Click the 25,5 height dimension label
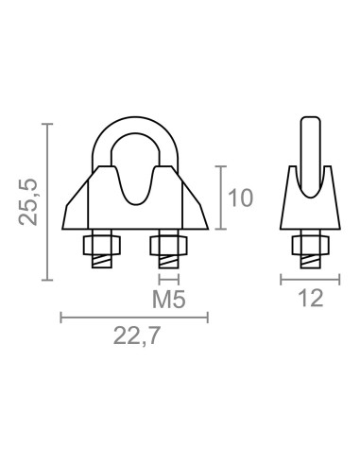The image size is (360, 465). [x=30, y=202]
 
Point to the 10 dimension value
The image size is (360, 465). [x=242, y=198]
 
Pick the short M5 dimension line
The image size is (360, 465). [x=168, y=279]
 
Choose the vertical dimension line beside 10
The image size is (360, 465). [x=220, y=198]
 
